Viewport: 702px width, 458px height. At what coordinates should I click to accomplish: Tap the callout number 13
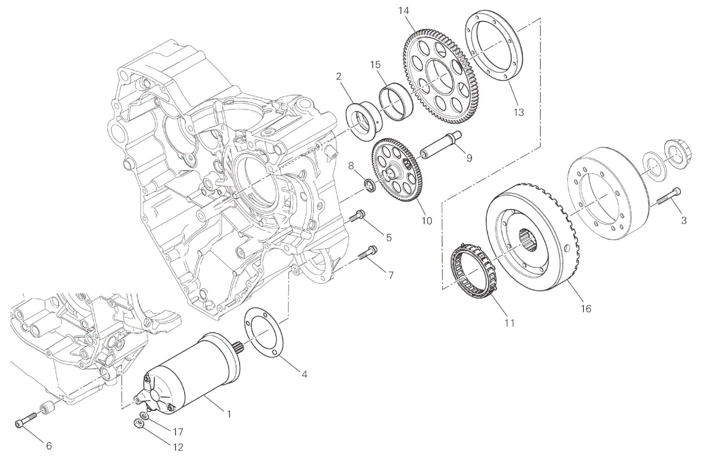[x=518, y=113]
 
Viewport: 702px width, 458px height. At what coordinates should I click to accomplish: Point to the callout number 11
[x=509, y=323]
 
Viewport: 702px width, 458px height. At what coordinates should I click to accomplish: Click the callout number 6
[x=49, y=445]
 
